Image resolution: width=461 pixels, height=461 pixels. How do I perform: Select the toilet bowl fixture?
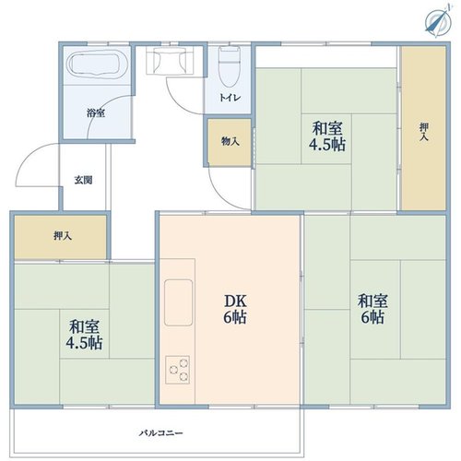coord(229,66)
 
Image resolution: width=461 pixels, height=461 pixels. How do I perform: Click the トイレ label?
coord(230,98)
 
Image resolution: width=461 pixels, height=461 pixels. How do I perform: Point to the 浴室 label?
coord(96,113)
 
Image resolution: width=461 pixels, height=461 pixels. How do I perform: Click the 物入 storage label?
coord(230,141)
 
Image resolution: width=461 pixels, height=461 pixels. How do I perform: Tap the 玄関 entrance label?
coord(83,180)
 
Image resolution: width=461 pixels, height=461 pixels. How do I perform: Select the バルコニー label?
coord(160,433)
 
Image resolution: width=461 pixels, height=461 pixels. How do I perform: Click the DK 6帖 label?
coord(235,309)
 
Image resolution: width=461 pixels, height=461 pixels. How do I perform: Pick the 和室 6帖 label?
coord(372,309)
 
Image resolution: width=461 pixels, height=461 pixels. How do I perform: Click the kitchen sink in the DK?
coord(178,302)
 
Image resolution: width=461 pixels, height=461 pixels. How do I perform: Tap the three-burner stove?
coord(178,370)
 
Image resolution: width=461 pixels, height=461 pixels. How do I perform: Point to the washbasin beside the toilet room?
coord(170,61)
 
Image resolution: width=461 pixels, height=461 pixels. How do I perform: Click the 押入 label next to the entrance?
coord(63,236)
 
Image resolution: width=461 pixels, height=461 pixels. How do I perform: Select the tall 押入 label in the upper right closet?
coord(424,132)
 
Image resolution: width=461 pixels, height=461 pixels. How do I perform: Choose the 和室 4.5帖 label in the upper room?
coord(327,136)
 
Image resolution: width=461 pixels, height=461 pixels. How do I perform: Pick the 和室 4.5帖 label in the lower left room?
coord(84,335)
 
